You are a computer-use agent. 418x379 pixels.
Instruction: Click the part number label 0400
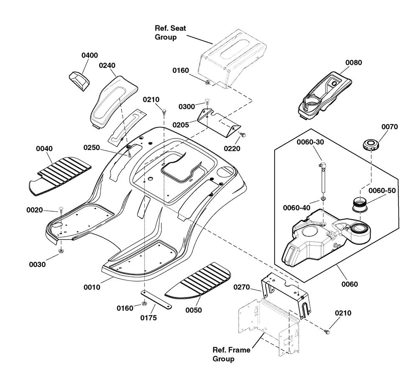point(89,55)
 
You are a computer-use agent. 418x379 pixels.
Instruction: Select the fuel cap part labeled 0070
point(370,145)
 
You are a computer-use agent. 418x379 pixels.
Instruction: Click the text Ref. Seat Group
point(170,33)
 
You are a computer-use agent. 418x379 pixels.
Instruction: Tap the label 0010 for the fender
point(92,287)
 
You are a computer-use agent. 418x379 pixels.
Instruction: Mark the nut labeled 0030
point(61,251)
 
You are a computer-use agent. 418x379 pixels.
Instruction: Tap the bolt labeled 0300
point(206,102)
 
